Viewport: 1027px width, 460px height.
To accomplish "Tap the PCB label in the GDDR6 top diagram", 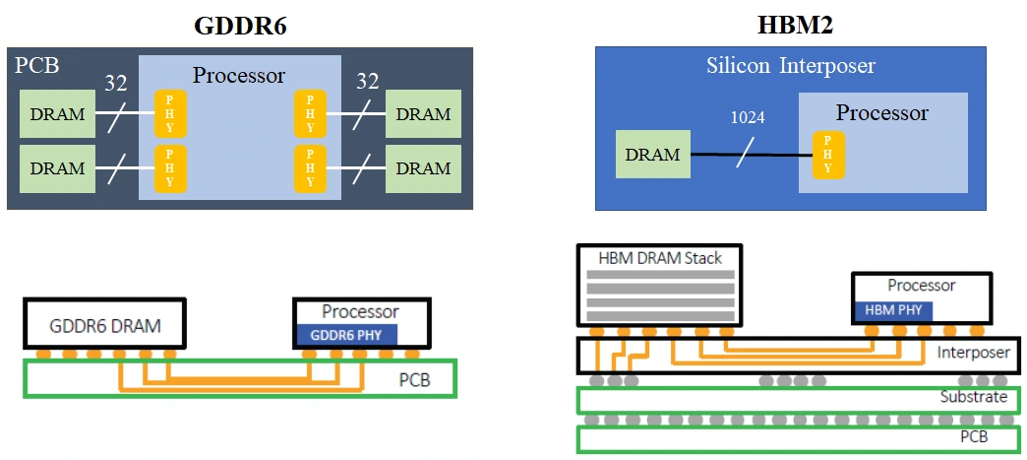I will tap(37, 67).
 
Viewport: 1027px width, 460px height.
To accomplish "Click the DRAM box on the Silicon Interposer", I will tap(652, 155).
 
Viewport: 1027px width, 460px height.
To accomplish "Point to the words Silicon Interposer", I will tap(790, 66).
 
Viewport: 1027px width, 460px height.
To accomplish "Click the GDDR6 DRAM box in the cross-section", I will tap(104, 324).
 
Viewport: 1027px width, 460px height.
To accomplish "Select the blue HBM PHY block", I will tap(892, 309).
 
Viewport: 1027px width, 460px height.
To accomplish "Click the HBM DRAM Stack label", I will tap(660, 258).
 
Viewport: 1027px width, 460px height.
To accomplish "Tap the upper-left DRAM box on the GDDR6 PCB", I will tap(57, 115).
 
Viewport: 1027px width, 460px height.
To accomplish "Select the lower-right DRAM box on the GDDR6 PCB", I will tap(423, 168).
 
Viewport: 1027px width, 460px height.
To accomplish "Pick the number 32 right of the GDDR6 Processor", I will tap(367, 82).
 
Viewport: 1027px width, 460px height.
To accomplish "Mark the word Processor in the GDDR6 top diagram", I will tap(239, 75).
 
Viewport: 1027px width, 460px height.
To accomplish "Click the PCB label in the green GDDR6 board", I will tap(413, 378).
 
